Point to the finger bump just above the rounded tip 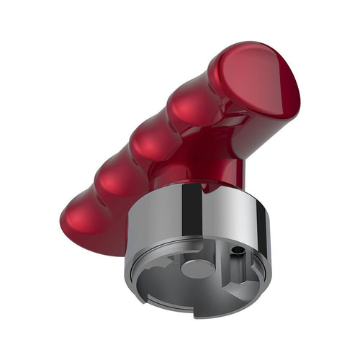click(115, 176)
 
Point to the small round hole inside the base click(236, 251)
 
